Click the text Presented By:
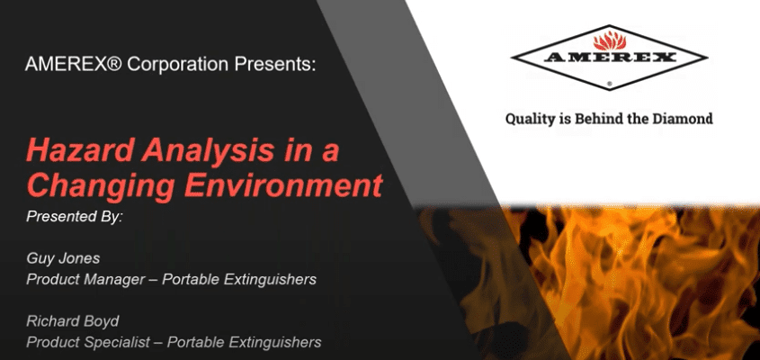tap(75, 216)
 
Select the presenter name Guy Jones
tap(63, 258)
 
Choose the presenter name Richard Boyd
tap(73, 321)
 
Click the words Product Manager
tap(85, 280)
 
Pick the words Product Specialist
tap(88, 342)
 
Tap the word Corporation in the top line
tap(177, 64)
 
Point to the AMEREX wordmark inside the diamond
tap(609, 58)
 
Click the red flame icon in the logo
tap(610, 40)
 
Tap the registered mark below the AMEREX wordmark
tap(609, 84)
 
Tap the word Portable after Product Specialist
tap(194, 342)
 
